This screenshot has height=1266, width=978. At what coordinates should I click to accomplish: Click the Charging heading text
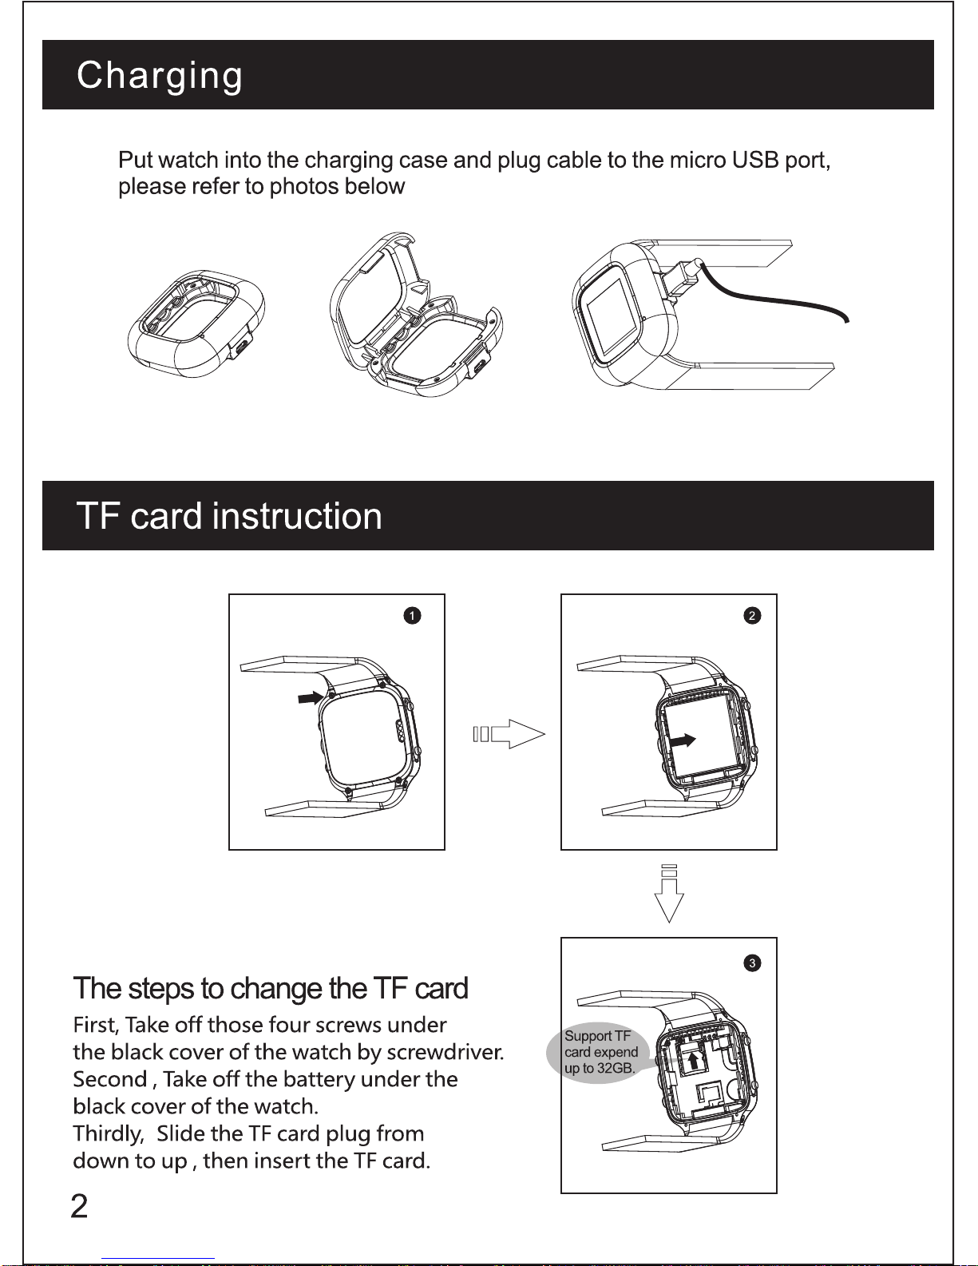[x=160, y=77]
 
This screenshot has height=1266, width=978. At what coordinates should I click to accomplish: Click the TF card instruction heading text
[x=229, y=516]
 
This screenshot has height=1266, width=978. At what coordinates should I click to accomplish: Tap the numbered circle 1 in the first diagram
[x=412, y=616]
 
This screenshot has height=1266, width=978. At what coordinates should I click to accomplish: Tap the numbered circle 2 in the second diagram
[x=752, y=616]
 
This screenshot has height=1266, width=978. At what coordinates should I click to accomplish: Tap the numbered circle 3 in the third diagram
[x=752, y=963]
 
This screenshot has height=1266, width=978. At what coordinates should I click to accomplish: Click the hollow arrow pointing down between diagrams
[x=669, y=894]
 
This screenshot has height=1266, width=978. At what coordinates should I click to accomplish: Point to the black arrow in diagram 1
[x=310, y=697]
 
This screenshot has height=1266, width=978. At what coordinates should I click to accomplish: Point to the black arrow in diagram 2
[x=683, y=740]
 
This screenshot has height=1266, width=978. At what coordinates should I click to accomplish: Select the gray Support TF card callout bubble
[x=600, y=1053]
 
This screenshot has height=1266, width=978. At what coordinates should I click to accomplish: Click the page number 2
[x=79, y=1207]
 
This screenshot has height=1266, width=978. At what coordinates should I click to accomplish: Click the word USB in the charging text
[x=754, y=161]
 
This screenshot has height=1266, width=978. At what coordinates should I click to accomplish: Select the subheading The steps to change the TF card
[x=271, y=989]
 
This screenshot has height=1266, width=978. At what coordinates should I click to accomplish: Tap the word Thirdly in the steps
[x=108, y=1134]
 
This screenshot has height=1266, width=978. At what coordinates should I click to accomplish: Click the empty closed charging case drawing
[x=196, y=323]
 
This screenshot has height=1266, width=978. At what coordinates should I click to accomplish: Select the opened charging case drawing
[x=415, y=319]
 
